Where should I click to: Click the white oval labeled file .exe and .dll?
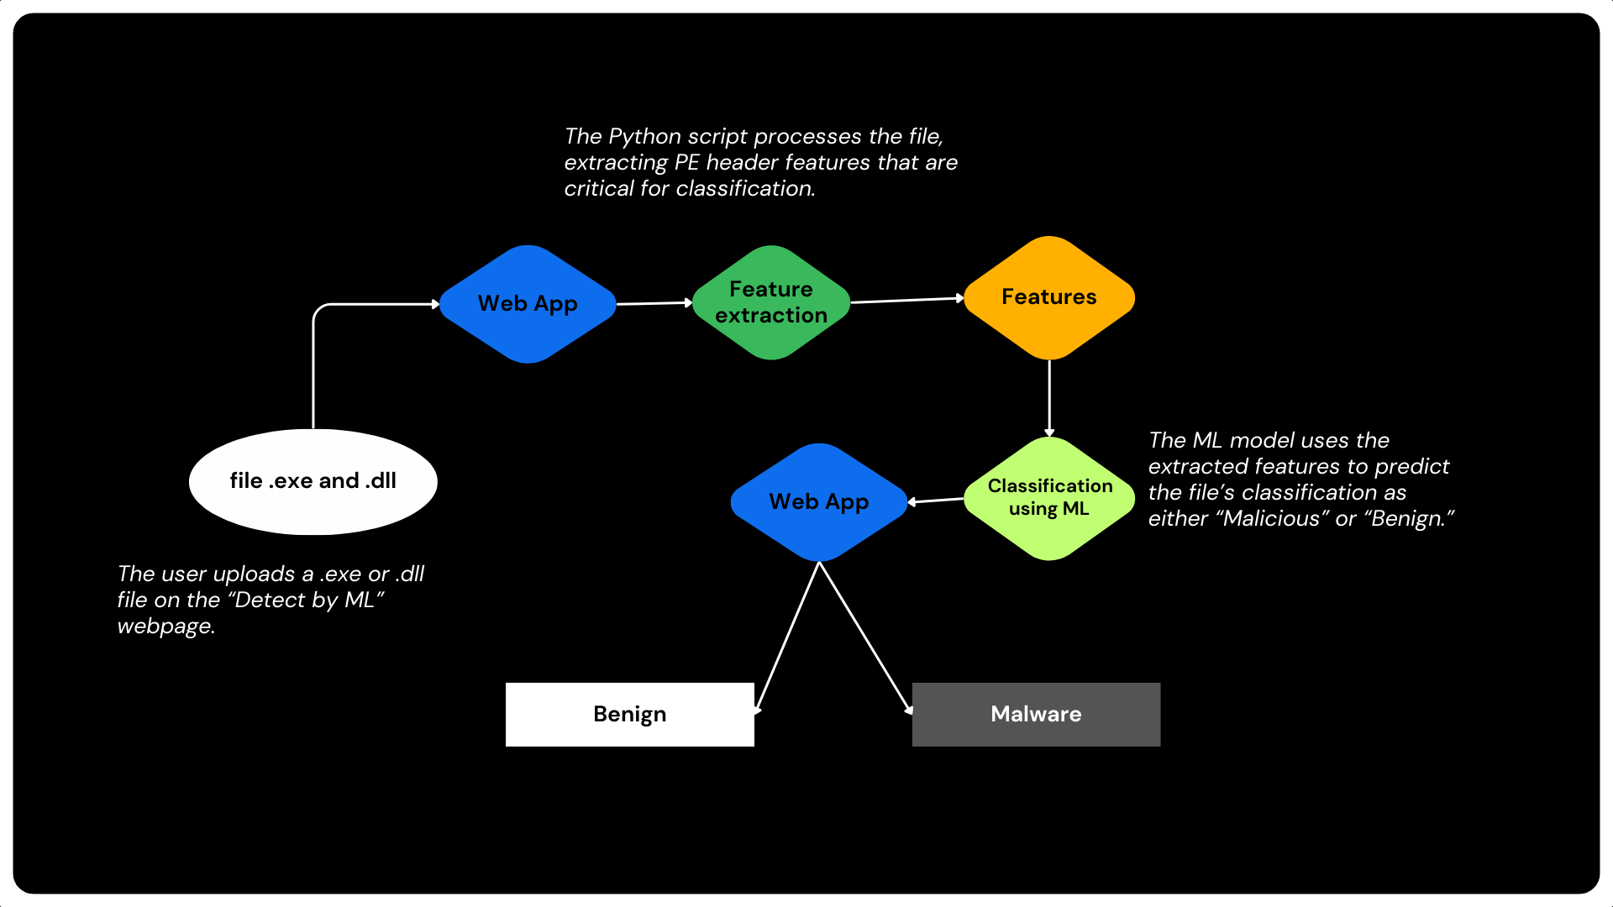pos(313,481)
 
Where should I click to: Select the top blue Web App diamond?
pos(528,304)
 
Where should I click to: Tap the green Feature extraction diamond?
pos(770,302)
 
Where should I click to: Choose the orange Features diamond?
pos(1048,297)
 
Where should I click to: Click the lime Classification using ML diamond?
pos(1048,497)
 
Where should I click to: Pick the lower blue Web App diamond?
pos(818,502)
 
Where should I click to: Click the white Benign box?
pos(629,714)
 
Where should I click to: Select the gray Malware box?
pos(1035,714)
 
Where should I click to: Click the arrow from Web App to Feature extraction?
pos(654,303)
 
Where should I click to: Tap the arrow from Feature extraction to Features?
pos(906,300)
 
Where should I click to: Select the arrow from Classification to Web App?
pos(936,501)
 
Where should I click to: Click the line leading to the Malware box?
pos(865,638)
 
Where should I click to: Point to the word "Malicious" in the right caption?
pos(1272,518)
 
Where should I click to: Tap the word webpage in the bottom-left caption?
pos(166,627)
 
